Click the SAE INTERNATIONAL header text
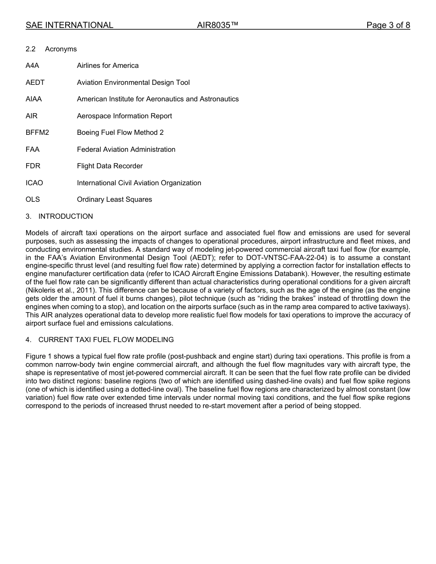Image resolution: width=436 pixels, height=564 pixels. (x=69, y=25)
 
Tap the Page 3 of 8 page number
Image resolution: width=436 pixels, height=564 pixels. (x=388, y=25)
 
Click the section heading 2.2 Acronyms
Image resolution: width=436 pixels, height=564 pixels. (x=51, y=49)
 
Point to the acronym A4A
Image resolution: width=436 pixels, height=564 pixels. (x=32, y=66)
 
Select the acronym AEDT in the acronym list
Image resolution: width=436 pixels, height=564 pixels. (x=35, y=83)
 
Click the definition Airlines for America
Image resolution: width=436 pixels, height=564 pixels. (x=107, y=66)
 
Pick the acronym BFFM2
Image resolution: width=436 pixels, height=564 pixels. (x=37, y=133)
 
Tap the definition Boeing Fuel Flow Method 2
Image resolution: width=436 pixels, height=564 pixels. (x=120, y=133)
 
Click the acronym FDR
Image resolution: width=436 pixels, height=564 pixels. (x=33, y=166)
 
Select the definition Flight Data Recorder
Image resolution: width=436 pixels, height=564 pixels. (x=110, y=166)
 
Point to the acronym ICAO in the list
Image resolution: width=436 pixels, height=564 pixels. (x=34, y=183)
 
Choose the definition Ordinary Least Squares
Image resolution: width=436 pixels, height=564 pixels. (x=114, y=199)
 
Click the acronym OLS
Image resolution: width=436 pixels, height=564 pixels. (x=33, y=199)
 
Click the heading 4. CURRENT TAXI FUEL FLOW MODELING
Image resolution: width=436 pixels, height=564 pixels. (x=100, y=340)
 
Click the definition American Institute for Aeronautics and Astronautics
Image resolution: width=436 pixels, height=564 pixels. (x=157, y=99)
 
